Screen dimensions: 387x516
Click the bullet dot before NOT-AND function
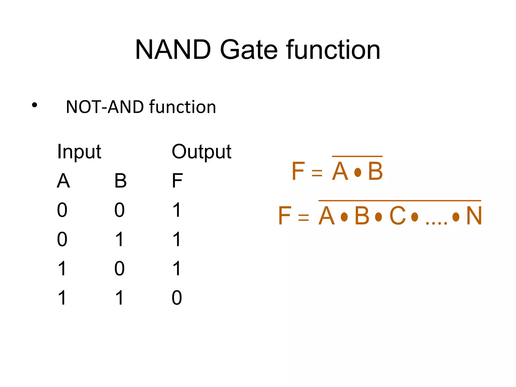click(35, 105)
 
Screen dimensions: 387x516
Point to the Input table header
click(79, 152)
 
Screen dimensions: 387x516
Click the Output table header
click(201, 152)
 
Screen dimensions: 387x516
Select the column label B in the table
click(120, 181)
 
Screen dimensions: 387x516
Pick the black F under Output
click(177, 181)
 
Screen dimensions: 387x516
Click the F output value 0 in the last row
click(177, 298)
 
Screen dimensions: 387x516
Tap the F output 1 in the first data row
click(177, 210)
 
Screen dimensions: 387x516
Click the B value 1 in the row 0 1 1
click(119, 239)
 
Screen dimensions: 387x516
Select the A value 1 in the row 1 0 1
click(62, 269)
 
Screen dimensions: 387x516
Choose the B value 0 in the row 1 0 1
click(119, 269)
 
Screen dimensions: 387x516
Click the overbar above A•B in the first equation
click(357, 156)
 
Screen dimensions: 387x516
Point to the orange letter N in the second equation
click(474, 216)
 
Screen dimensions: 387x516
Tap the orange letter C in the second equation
click(398, 216)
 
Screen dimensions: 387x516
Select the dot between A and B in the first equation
click(358, 173)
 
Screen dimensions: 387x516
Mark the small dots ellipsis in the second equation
click(436, 223)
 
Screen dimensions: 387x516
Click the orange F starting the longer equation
click(285, 216)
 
